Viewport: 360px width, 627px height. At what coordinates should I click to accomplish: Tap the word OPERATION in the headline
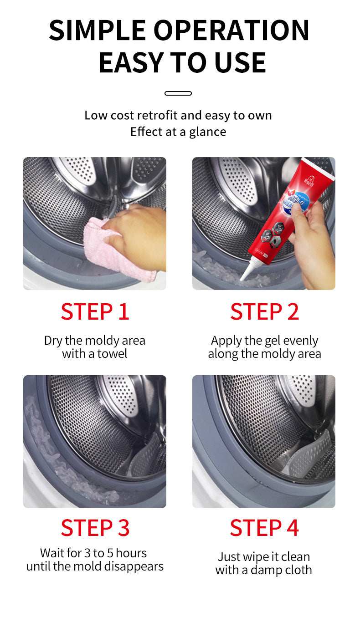(x=231, y=30)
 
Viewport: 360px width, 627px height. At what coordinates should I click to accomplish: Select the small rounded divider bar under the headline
(x=178, y=93)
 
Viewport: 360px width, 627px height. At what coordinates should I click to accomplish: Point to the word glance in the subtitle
(x=208, y=132)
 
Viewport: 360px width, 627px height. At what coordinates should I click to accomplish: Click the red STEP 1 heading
(x=95, y=311)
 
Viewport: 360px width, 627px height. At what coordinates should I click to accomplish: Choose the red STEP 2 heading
(x=264, y=311)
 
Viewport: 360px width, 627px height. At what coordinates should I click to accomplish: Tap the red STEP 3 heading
(x=95, y=528)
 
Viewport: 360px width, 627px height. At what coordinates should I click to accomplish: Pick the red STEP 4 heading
(x=264, y=528)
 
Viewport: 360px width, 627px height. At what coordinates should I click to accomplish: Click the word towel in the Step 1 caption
(x=112, y=354)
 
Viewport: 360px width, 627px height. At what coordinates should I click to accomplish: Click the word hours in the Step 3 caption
(x=131, y=553)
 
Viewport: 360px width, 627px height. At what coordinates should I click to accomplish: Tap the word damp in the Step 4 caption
(x=264, y=571)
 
